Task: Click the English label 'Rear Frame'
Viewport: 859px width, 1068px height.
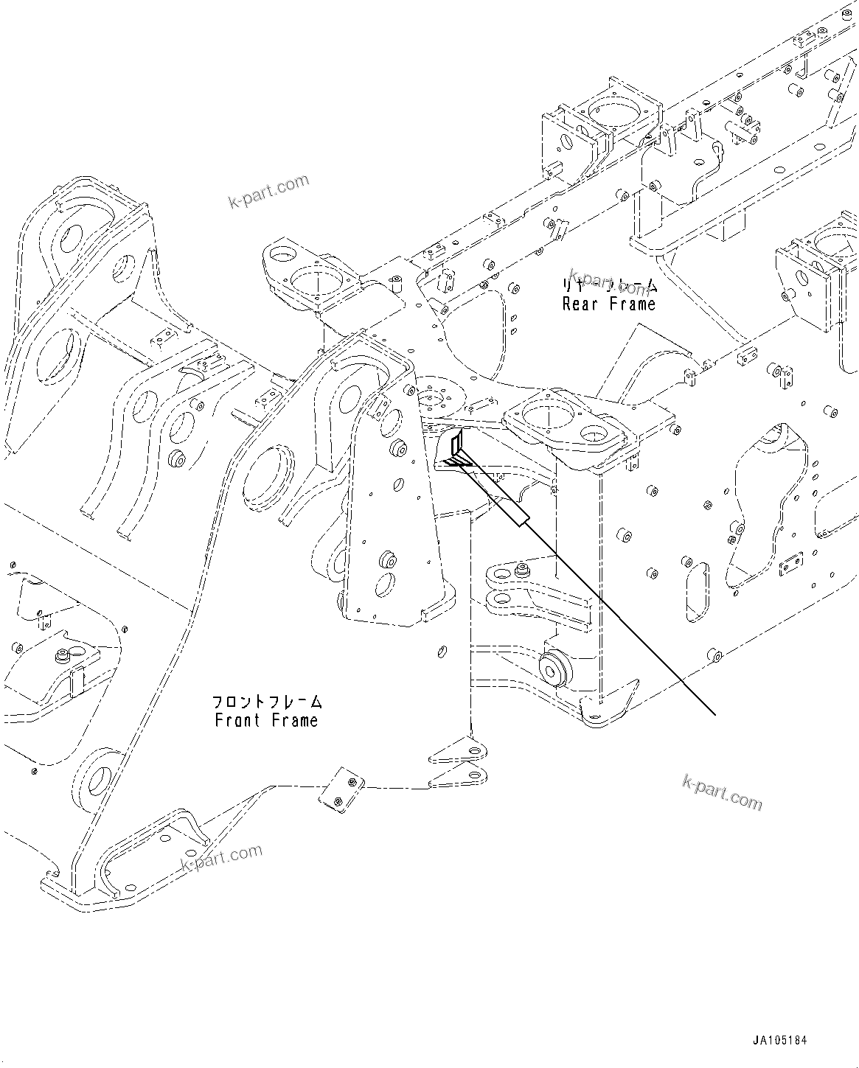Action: pyautogui.click(x=608, y=304)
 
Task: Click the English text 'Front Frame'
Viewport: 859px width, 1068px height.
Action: pyautogui.click(x=266, y=719)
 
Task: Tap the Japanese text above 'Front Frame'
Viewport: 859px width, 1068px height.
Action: pyautogui.click(x=266, y=701)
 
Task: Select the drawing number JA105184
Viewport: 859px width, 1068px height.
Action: pyautogui.click(x=780, y=1040)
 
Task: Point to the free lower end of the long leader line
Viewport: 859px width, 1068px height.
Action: pyautogui.click(x=714, y=714)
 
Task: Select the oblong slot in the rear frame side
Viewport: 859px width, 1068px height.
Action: pyautogui.click(x=698, y=592)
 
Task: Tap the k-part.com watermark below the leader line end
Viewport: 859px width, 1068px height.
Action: pyautogui.click(x=723, y=791)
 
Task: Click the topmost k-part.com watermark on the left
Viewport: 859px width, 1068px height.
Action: pyautogui.click(x=268, y=191)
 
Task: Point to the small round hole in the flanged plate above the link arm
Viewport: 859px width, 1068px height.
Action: pyautogui.click(x=592, y=434)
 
